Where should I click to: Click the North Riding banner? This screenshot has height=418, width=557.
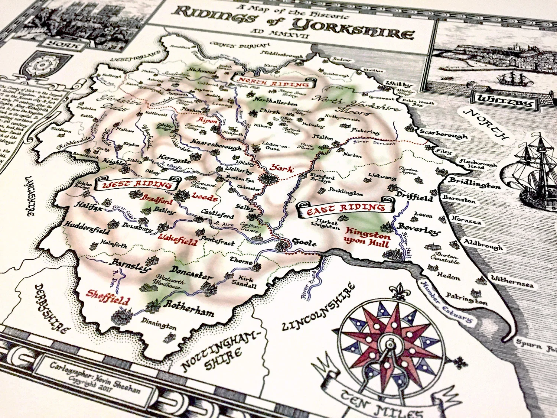(273, 82)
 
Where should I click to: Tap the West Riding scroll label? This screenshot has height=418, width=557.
(137, 184)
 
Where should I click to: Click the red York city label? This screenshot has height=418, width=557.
(281, 168)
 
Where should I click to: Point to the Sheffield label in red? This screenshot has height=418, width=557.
(108, 297)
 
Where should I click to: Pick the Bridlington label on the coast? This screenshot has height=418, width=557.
(474, 183)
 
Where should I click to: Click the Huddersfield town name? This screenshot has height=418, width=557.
(87, 228)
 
